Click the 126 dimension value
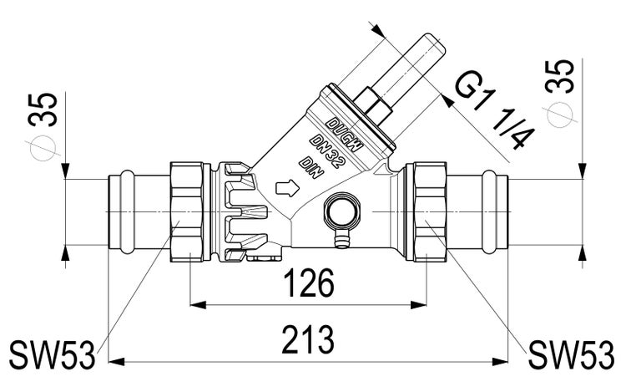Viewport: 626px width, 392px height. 308,286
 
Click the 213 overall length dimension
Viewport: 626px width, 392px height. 308,341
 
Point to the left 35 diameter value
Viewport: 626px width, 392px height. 47,106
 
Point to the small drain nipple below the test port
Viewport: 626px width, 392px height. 339,242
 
